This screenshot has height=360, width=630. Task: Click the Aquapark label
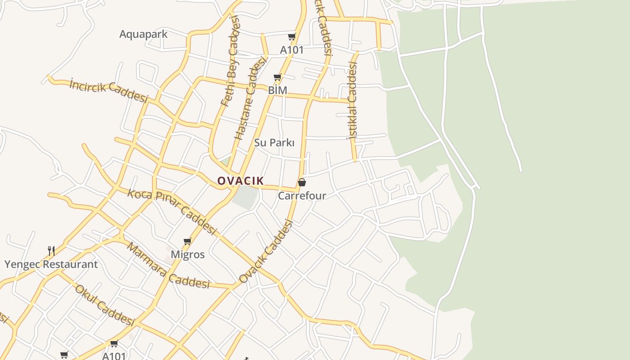[143, 34]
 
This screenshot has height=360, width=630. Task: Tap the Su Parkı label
[274, 143]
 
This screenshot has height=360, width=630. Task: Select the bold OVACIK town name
[240, 181]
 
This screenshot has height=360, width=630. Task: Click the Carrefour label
[301, 196]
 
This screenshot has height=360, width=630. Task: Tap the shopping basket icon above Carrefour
[301, 182]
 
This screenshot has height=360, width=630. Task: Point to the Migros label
[188, 254]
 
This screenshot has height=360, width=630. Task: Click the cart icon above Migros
[188, 242]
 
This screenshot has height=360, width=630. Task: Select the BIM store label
[277, 90]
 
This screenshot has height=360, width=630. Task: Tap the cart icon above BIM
[277, 77]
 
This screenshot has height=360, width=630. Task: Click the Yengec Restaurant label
[51, 264]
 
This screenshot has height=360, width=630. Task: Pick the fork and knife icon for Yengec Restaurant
[51, 251]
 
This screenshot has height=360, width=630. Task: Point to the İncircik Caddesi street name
[108, 90]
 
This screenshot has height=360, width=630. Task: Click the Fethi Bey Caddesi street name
[231, 61]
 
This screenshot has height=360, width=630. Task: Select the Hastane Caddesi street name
[250, 99]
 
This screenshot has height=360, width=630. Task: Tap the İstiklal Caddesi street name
[352, 100]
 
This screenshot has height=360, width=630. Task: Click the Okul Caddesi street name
[104, 305]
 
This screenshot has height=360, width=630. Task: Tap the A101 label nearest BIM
[292, 50]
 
